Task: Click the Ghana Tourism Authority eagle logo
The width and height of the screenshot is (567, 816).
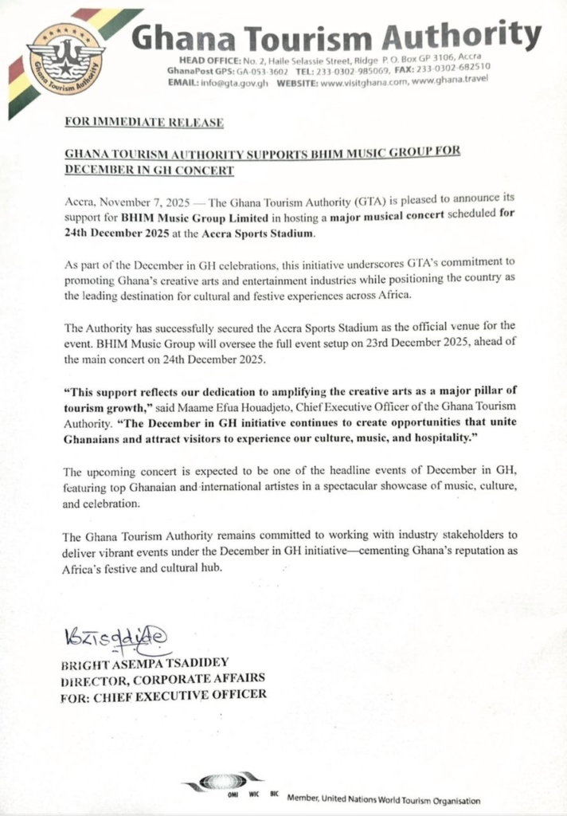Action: [65, 59]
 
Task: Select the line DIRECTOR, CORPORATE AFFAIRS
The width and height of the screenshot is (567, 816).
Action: [164, 677]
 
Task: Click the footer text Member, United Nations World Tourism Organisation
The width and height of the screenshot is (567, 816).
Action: [384, 799]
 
